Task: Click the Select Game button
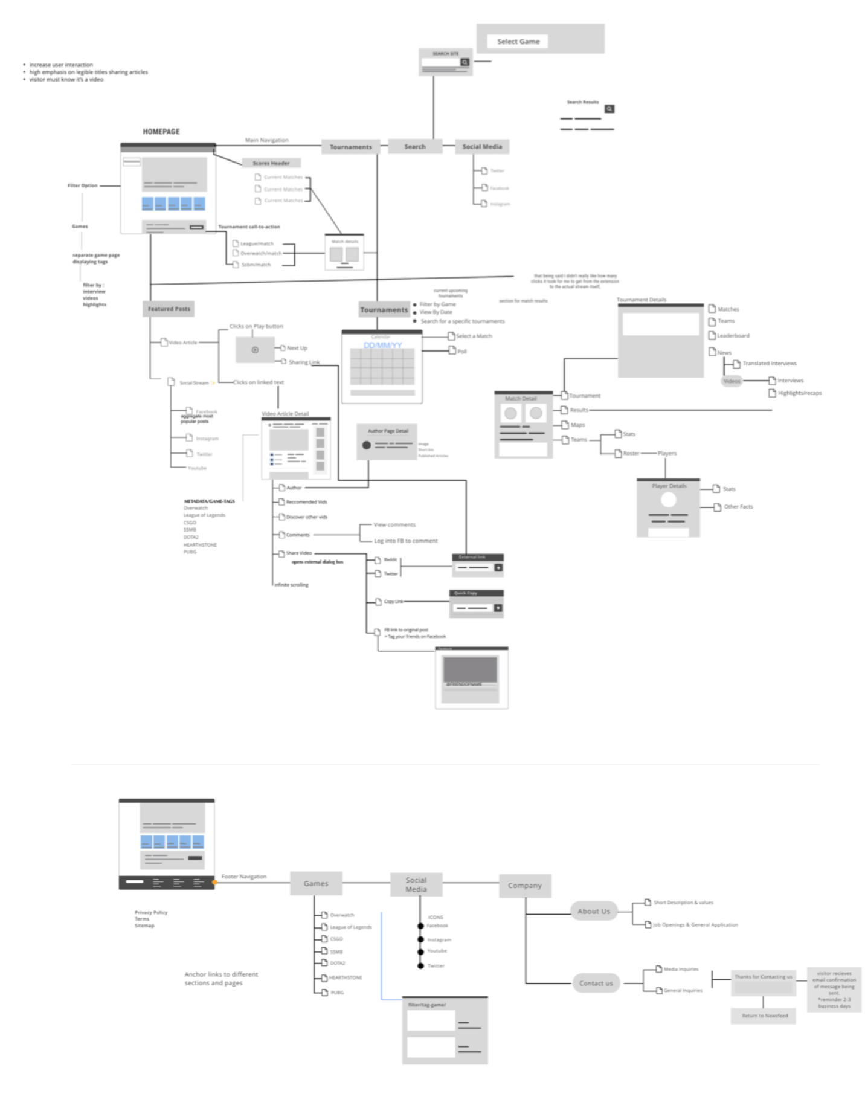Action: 518,42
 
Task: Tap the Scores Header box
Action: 271,163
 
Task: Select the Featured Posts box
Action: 169,309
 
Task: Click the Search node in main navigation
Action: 415,147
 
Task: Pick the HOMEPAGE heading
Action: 161,132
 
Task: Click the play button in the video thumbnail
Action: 255,350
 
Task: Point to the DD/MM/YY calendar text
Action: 382,345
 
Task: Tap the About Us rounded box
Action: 593,911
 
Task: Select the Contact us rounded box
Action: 596,983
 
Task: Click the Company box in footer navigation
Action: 524,886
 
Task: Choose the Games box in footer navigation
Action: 316,883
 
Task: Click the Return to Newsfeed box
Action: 764,1016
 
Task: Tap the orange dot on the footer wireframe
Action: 214,883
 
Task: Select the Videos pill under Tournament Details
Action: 732,381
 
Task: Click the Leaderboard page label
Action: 733,336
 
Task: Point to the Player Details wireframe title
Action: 669,486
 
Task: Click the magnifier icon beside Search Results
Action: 609,109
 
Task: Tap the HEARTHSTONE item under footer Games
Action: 346,977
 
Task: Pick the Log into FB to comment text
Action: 405,541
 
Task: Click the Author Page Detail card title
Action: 388,431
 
